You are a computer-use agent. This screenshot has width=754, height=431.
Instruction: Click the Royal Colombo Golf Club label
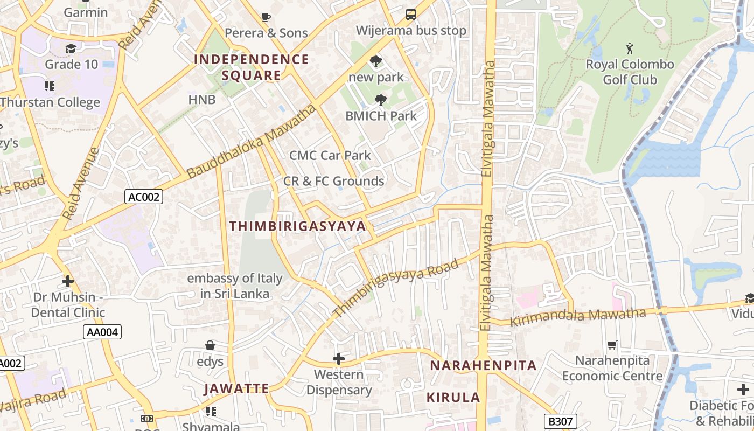point(630,72)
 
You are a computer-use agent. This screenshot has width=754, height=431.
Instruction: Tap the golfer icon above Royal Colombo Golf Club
point(630,49)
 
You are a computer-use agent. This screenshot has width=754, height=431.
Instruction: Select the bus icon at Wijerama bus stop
point(411,15)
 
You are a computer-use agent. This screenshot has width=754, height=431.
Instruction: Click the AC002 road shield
point(144,197)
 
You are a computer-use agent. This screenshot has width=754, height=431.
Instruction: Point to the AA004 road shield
point(102,332)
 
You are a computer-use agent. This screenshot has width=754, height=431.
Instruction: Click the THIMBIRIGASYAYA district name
point(298,226)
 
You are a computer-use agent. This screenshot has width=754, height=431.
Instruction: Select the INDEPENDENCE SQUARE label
point(252,67)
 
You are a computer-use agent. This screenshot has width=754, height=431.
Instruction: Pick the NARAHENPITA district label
point(483,365)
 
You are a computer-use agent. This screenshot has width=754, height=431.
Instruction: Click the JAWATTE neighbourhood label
point(236,388)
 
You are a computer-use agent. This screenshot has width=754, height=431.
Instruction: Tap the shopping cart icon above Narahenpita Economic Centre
point(612,345)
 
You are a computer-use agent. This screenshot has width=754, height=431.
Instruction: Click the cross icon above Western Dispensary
point(339,358)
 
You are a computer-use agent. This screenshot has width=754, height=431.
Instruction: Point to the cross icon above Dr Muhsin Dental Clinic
point(68,281)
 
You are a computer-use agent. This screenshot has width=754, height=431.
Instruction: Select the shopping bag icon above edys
point(210,345)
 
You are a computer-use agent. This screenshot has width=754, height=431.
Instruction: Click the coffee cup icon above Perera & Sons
point(266,17)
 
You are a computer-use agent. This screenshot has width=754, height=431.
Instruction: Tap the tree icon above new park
point(376,61)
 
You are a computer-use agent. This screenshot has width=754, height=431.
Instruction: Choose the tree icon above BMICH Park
point(381,100)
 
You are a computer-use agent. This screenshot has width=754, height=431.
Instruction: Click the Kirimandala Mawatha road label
point(577,317)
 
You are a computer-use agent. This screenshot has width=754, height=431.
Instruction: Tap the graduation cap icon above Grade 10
point(71,49)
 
